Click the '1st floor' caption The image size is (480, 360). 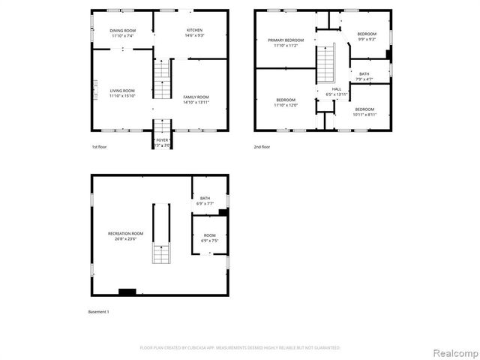pos(99,147)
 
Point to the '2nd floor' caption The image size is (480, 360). pos(262,147)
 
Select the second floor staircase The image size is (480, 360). pos(325,63)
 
